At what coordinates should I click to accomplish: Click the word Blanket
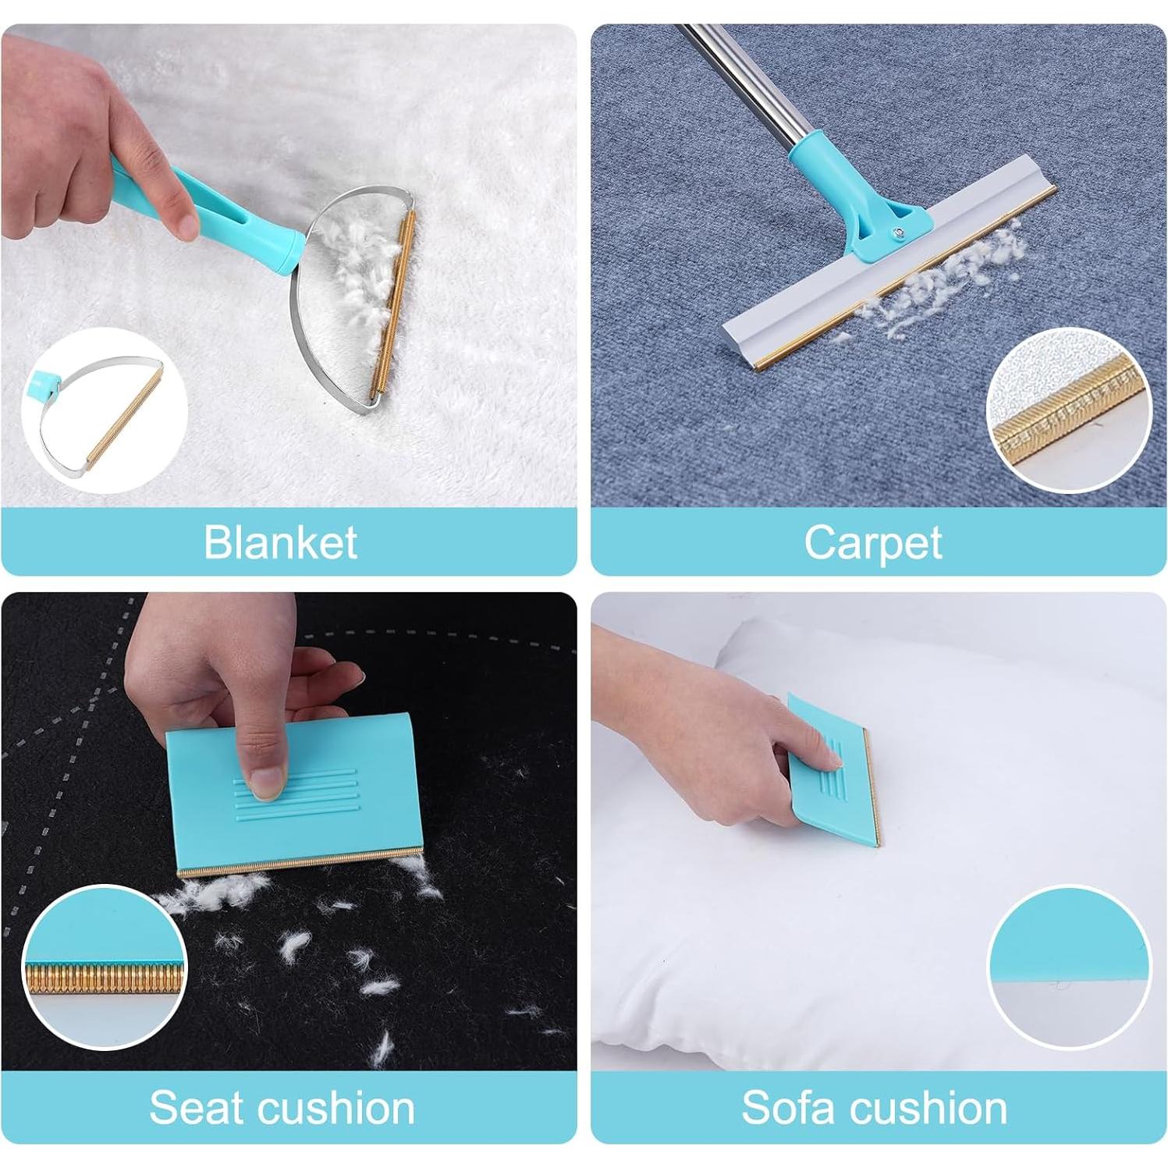click(x=280, y=542)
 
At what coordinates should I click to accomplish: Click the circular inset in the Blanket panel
click(x=104, y=410)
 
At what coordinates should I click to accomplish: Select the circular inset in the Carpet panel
click(x=1069, y=410)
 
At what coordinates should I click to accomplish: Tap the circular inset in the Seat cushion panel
click(x=104, y=967)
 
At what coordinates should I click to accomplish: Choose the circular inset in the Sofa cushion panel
click(x=1069, y=967)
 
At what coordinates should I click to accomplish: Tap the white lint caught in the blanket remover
click(x=363, y=273)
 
